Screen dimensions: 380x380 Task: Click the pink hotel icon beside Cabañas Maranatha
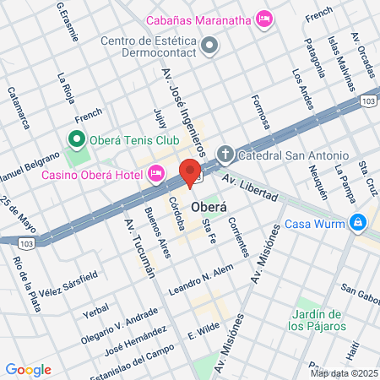click(264, 18)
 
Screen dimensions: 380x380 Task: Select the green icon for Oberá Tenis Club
click(76, 139)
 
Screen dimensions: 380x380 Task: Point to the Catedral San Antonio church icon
click(225, 155)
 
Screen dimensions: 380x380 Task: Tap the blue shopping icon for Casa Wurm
click(359, 222)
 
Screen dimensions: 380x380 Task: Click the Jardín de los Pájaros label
click(321, 320)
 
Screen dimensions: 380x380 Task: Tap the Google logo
click(28, 369)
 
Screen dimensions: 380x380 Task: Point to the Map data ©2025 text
click(344, 372)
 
